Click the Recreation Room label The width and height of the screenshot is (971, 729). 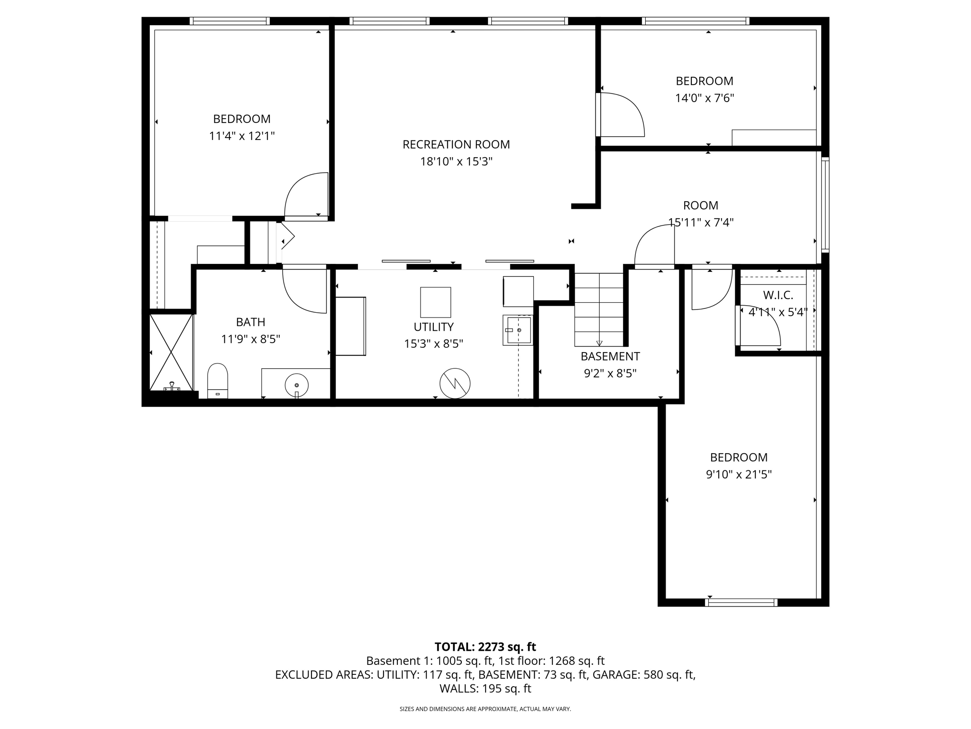click(x=456, y=144)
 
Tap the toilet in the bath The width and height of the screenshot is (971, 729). click(x=218, y=381)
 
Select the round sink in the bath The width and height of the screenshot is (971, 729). click(x=296, y=384)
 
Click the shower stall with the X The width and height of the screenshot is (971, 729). click(x=171, y=352)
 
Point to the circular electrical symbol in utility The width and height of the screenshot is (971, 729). click(x=455, y=383)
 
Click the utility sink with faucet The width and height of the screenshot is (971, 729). click(x=518, y=330)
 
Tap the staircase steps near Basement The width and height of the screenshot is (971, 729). click(x=599, y=309)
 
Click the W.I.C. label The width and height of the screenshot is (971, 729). click(x=778, y=295)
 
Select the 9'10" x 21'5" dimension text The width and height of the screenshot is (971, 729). click(x=739, y=475)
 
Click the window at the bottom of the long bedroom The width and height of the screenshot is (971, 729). click(x=741, y=602)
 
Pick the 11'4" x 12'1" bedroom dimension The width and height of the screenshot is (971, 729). click(x=242, y=136)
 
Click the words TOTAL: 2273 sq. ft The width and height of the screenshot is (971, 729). click(x=485, y=647)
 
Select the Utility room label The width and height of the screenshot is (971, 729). click(x=433, y=327)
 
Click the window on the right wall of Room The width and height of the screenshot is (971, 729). click(x=825, y=204)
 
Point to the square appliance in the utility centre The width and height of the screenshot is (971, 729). click(x=435, y=302)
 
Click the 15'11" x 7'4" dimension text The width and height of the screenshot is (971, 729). click(x=701, y=223)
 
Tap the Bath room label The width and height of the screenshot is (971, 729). click(x=250, y=322)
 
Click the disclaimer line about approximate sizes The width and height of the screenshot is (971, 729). click(x=485, y=709)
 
